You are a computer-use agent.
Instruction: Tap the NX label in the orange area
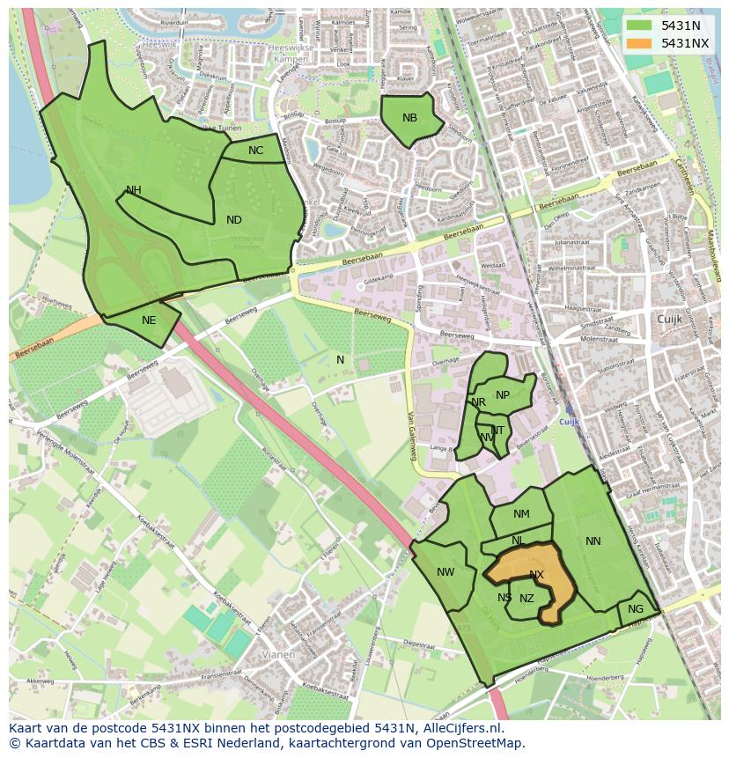pos(536,575)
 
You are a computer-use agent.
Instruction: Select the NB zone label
pos(409,118)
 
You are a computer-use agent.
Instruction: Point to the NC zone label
pos(255,151)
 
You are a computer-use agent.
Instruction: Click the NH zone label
pos(133,190)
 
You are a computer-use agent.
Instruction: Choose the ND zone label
pos(233,220)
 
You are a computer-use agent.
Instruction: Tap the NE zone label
pos(149,320)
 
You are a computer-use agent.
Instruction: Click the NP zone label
pos(502,395)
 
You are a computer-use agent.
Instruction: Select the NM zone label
pos(521,514)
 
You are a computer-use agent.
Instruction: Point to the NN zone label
pos(593,541)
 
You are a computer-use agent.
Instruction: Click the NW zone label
pos(445,572)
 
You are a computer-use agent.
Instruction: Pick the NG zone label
pos(636,609)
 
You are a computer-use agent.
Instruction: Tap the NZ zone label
pos(526,599)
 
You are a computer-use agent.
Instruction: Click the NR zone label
pos(478,402)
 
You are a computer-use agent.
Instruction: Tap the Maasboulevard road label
pos(713,256)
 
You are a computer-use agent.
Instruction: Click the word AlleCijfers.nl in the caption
pos(460,729)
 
